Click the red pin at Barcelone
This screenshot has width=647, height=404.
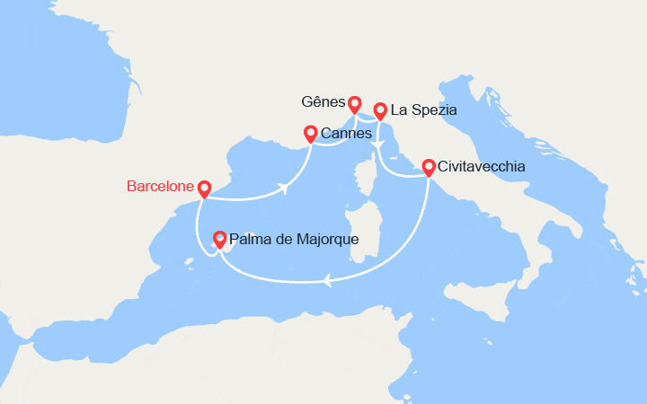tap(204, 189)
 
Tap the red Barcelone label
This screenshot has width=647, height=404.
tap(161, 187)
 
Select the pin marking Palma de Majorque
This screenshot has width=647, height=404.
tap(218, 239)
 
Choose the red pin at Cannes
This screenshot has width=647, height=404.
tap(310, 134)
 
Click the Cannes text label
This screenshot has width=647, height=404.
tap(346, 134)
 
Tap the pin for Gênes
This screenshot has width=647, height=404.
tap(355, 104)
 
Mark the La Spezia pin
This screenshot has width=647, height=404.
tap(380, 110)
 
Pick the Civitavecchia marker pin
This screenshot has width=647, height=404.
tap(428, 167)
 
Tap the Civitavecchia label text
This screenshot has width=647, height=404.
tap(482, 167)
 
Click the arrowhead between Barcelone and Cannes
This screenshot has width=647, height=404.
tap(284, 189)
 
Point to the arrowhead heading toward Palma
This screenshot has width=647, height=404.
tap(327, 281)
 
